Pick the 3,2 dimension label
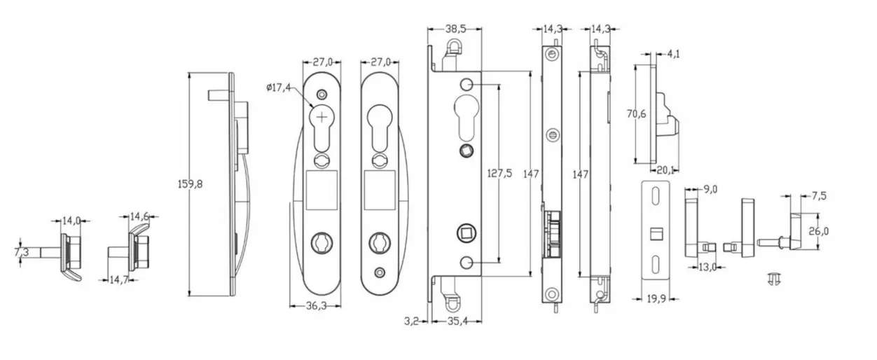click(412, 322)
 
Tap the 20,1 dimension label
click(665, 168)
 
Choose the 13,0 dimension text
click(708, 267)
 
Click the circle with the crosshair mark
click(322, 117)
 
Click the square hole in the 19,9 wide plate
click(657, 232)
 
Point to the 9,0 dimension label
click(710, 189)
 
